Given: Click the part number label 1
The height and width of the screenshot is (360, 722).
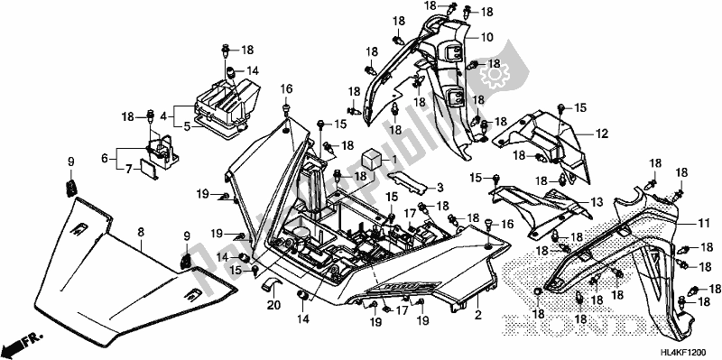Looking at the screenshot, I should pos(394,159).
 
